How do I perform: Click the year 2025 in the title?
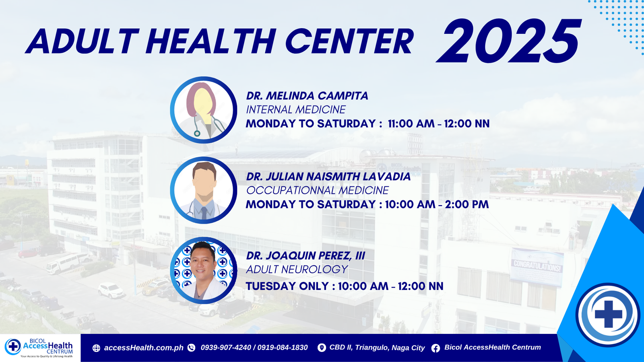[x=508, y=41]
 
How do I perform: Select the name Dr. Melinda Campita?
[x=307, y=96]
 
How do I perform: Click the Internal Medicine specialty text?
[x=296, y=109]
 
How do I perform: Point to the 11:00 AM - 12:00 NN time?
[x=439, y=123]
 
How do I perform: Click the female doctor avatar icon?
[x=204, y=110]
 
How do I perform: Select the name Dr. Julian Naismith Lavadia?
[x=328, y=177]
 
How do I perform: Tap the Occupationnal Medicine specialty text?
[x=318, y=190]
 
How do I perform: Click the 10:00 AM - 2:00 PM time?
[x=437, y=204]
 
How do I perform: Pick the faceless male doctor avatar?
[x=204, y=190]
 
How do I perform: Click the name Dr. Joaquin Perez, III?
[x=305, y=256]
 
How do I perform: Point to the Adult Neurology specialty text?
[x=297, y=269]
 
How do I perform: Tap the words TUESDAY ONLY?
[x=287, y=286]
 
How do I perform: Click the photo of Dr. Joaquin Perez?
[x=204, y=270]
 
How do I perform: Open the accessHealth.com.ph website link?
[x=143, y=348]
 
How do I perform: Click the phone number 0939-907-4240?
[x=226, y=348]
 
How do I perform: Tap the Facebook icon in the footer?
[x=436, y=348]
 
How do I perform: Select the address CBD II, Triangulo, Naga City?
[x=377, y=348]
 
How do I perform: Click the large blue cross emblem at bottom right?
[x=608, y=315]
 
